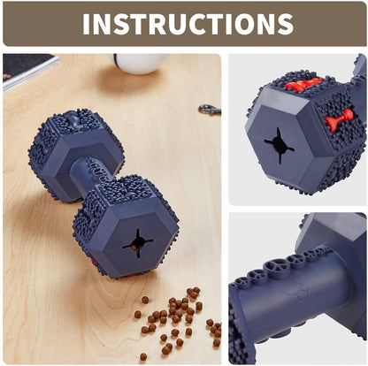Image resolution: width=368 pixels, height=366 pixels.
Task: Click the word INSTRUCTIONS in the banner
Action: (x=188, y=24)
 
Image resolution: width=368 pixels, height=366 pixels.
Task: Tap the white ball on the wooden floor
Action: (x=138, y=63)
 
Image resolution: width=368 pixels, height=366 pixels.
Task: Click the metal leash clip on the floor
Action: (x=210, y=110)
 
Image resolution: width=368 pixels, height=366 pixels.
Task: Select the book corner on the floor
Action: (x=29, y=70)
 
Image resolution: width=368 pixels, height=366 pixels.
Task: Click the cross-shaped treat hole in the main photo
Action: (x=138, y=243)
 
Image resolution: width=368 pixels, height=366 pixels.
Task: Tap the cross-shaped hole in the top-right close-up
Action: (x=279, y=145)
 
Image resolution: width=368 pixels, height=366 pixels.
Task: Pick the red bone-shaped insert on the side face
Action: (x=339, y=120)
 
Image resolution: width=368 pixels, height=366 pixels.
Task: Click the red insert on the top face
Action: (x=303, y=84)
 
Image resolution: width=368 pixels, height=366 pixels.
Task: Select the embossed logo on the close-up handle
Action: (x=294, y=292)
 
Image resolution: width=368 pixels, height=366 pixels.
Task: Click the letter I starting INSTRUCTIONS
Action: (x=86, y=24)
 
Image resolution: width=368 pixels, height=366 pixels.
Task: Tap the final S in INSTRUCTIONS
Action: (x=285, y=24)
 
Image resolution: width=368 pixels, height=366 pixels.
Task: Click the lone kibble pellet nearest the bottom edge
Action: (x=143, y=356)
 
